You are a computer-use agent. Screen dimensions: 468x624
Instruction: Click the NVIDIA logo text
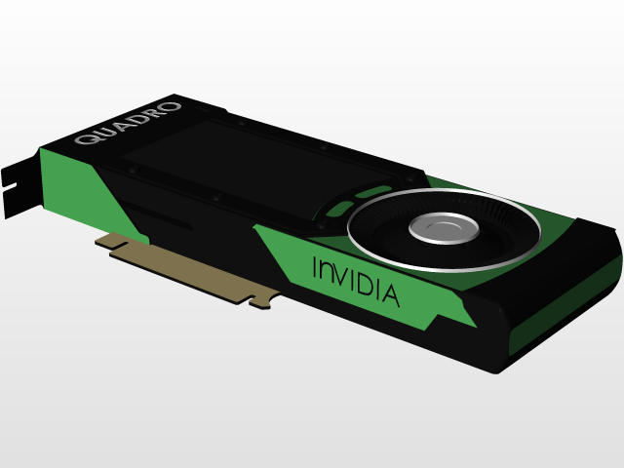click(x=355, y=279)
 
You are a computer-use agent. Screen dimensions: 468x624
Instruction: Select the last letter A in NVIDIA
click(x=389, y=293)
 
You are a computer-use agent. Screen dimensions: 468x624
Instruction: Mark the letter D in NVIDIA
click(x=363, y=283)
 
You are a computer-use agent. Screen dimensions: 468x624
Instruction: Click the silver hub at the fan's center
click(x=444, y=229)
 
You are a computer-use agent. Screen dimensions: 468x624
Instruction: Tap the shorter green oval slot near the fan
click(x=338, y=208)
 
